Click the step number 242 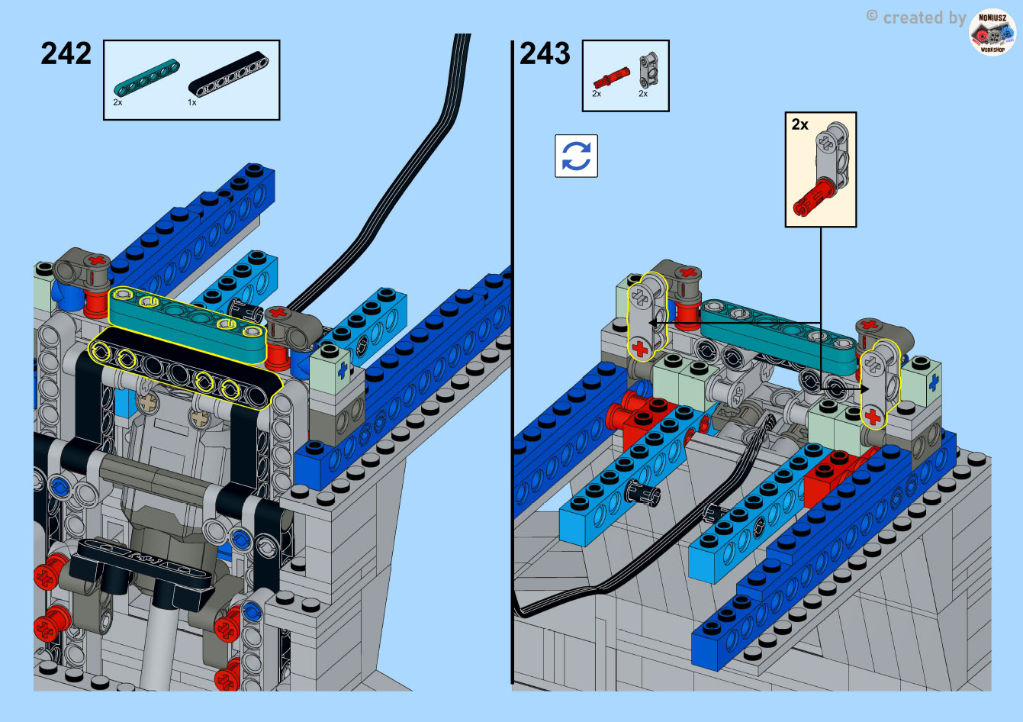pyautogui.click(x=66, y=53)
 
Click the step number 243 pyautogui.click(x=545, y=53)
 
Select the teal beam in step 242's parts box pyautogui.click(x=146, y=77)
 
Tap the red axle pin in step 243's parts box pyautogui.click(x=611, y=77)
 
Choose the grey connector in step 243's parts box pyautogui.click(x=649, y=70)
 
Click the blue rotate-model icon pyautogui.click(x=577, y=156)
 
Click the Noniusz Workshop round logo pyautogui.click(x=992, y=32)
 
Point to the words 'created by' pyautogui.click(x=925, y=18)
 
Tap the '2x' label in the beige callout pyautogui.click(x=800, y=124)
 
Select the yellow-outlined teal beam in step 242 pyautogui.click(x=188, y=325)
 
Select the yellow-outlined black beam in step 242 pyautogui.click(x=185, y=369)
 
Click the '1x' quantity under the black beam pyautogui.click(x=192, y=103)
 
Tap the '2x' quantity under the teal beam pyautogui.click(x=117, y=102)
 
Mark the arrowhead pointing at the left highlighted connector pyautogui.click(x=654, y=323)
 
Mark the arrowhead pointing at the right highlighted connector pyautogui.click(x=864, y=389)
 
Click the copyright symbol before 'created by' pyautogui.click(x=872, y=16)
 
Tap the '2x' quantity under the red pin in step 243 pyautogui.click(x=597, y=94)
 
